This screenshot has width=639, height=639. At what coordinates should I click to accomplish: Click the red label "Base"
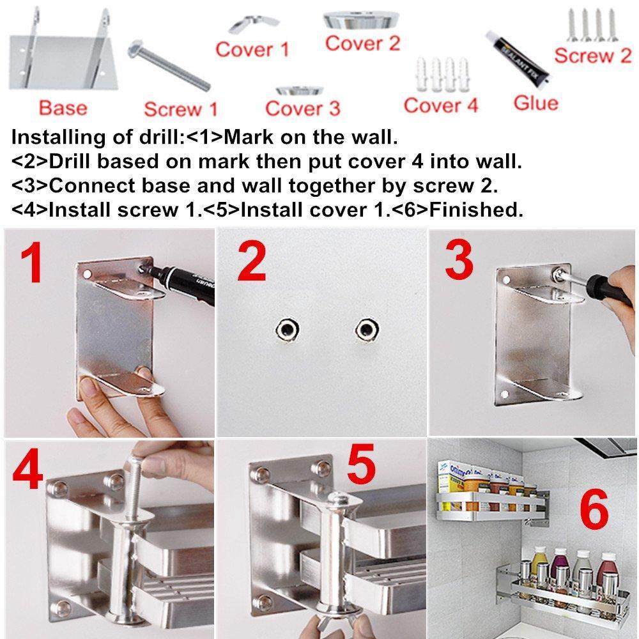[63, 108]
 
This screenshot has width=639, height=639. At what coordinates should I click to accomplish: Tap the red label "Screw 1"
[181, 109]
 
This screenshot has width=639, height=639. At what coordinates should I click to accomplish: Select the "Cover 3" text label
[302, 109]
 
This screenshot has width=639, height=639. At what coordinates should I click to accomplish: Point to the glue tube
[518, 58]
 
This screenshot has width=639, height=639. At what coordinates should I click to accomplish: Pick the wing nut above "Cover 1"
[254, 24]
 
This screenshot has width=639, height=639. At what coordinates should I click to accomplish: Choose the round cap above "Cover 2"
[361, 20]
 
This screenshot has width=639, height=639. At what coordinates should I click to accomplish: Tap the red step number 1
[32, 262]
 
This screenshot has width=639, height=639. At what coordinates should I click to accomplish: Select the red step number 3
[459, 259]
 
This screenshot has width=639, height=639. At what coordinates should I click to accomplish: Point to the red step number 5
[361, 464]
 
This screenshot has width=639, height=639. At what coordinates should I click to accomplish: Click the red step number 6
[594, 509]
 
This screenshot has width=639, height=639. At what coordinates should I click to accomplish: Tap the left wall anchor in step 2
[288, 328]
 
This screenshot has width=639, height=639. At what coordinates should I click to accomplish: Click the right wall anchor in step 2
[368, 329]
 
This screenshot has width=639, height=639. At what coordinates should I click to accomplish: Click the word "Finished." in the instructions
[476, 210]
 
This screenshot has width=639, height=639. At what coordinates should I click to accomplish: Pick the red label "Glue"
[535, 103]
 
